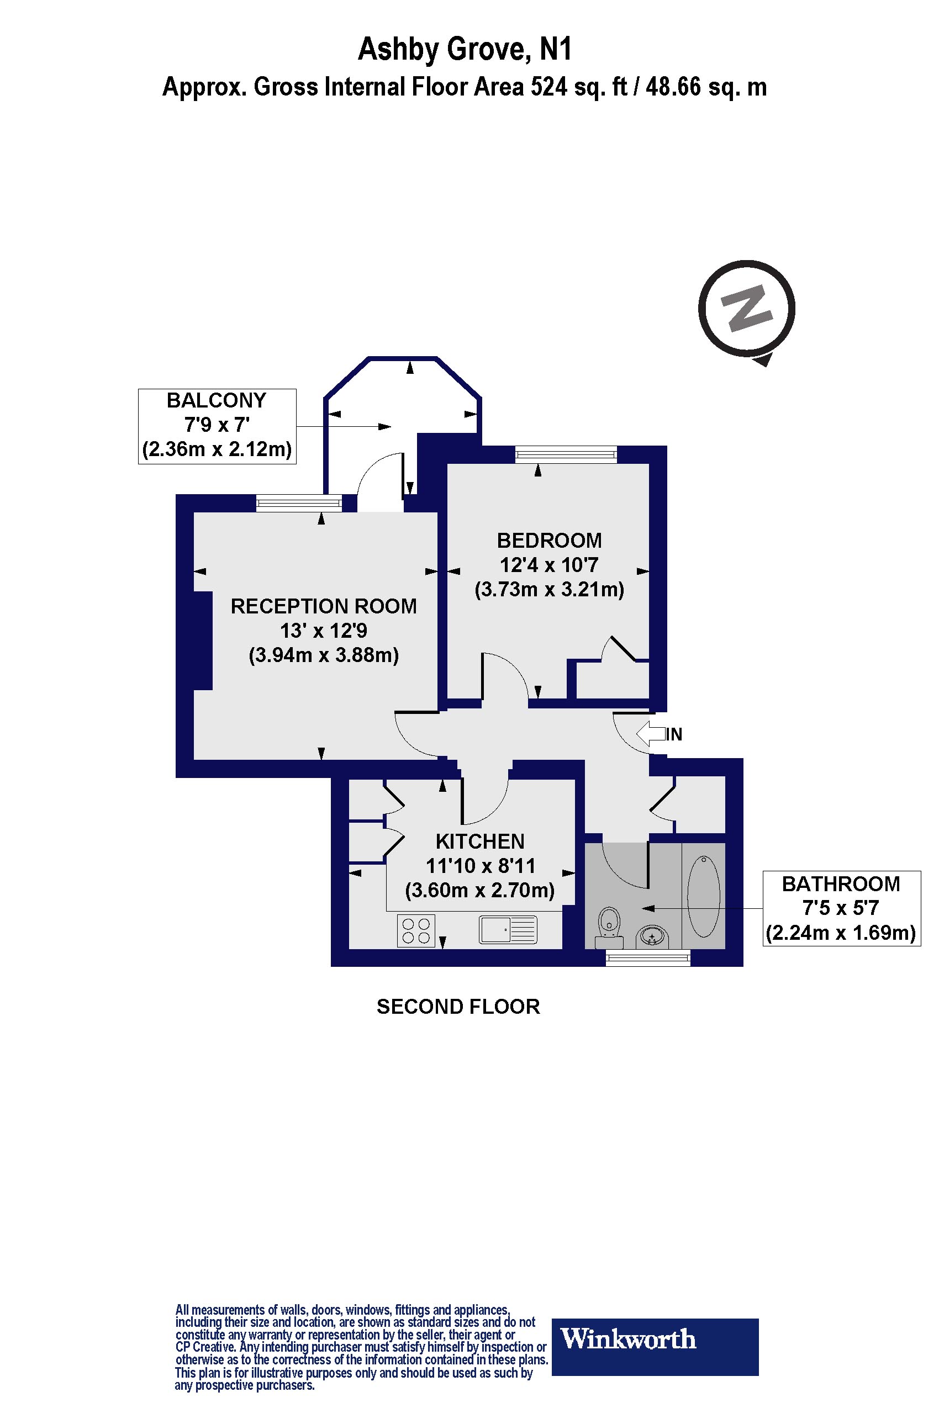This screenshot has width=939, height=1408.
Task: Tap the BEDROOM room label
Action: pos(549,541)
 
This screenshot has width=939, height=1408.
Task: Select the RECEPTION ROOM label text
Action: pos(323,606)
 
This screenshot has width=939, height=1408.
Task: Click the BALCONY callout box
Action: pos(218,426)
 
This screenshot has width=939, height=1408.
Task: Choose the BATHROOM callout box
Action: pos(841,908)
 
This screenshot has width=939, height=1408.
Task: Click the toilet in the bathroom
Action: pos(610,927)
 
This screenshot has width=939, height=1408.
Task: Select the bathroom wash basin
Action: pos(652,936)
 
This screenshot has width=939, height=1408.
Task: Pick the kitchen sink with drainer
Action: pos(508,930)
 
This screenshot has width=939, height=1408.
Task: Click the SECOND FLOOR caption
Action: pos(458,1007)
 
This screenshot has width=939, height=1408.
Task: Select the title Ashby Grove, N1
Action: pos(465,49)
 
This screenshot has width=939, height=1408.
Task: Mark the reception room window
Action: pos(299,504)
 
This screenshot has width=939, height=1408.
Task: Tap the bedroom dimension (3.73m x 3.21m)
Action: pos(549,590)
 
